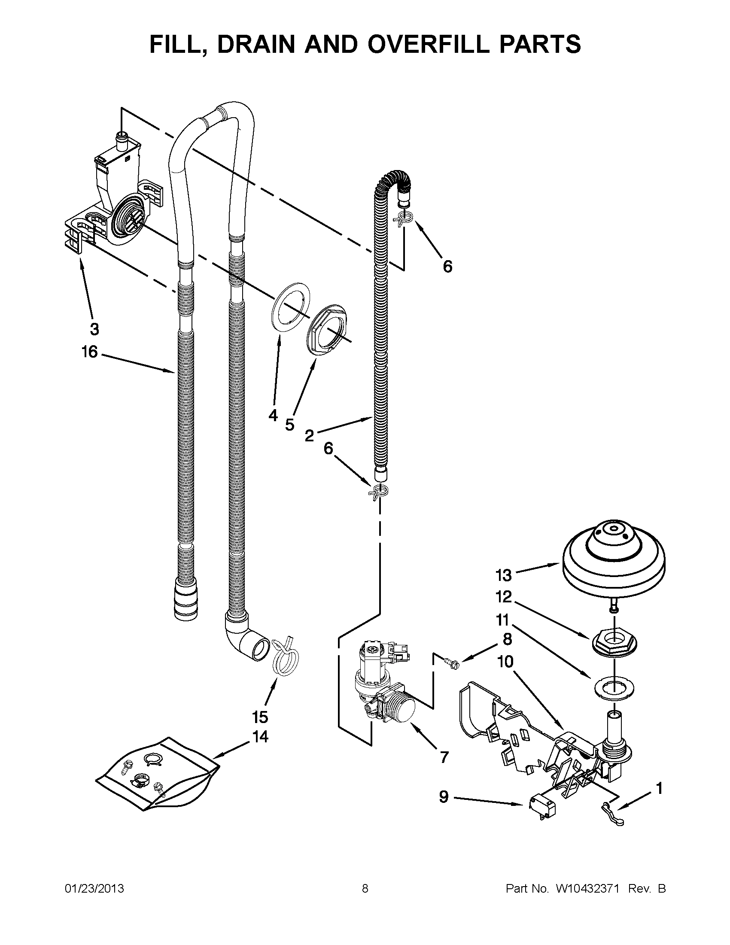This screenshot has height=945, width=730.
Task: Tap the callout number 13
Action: (x=504, y=575)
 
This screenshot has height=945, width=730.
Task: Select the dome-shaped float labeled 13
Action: (x=613, y=562)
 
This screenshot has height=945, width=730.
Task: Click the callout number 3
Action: (x=94, y=330)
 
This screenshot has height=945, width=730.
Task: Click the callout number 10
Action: (x=505, y=661)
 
